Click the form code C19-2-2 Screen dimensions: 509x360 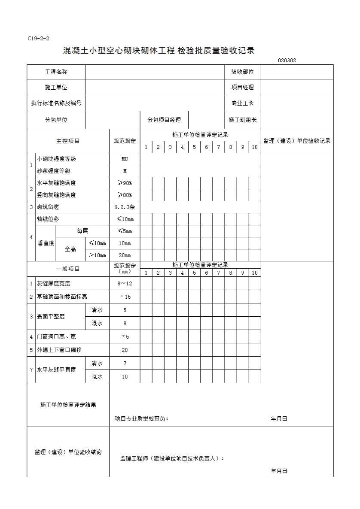pyautogui.click(x=38, y=39)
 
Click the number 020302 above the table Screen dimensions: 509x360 pyautogui.click(x=287, y=61)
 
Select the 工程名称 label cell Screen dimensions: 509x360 pyautogui.click(x=56, y=72)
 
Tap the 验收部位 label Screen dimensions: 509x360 pyautogui.click(x=242, y=72)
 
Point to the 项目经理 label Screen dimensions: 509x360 pyautogui.click(x=242, y=87)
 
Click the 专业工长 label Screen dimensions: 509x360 pyautogui.click(x=242, y=103)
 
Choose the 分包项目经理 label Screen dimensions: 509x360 pyautogui.click(x=164, y=120)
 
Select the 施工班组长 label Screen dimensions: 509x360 pyautogui.click(x=242, y=120)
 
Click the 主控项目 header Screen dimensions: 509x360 pyautogui.click(x=68, y=141)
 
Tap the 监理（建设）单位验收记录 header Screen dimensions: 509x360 pyautogui.click(x=297, y=141)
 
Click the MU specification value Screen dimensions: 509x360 pyautogui.click(x=125, y=159)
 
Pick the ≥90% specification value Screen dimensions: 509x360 pyautogui.click(x=125, y=183)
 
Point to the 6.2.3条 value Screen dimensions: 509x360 pyautogui.click(x=125, y=207)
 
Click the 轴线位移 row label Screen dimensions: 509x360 pyautogui.click(x=48, y=219)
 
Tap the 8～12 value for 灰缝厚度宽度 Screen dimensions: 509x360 pyautogui.click(x=125, y=284)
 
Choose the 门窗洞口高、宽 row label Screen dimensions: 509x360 pyautogui.click(x=56, y=337)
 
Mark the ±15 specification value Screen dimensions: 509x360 pyautogui.click(x=125, y=297)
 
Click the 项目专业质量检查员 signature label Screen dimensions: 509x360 pyautogui.click(x=142, y=419)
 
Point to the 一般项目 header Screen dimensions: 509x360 pyautogui.click(x=68, y=269)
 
